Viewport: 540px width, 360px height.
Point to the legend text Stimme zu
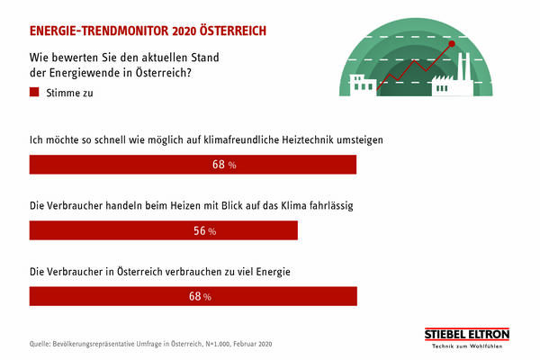[x=69, y=92]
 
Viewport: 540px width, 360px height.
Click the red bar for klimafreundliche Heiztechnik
[x=193, y=165]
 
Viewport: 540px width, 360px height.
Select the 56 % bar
[x=164, y=230]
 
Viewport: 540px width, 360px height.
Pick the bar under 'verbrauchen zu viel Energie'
[x=193, y=296]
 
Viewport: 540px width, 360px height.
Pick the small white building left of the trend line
[x=362, y=83]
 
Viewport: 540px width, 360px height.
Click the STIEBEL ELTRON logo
[x=466, y=335]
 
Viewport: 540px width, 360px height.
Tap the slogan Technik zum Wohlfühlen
[x=466, y=346]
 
